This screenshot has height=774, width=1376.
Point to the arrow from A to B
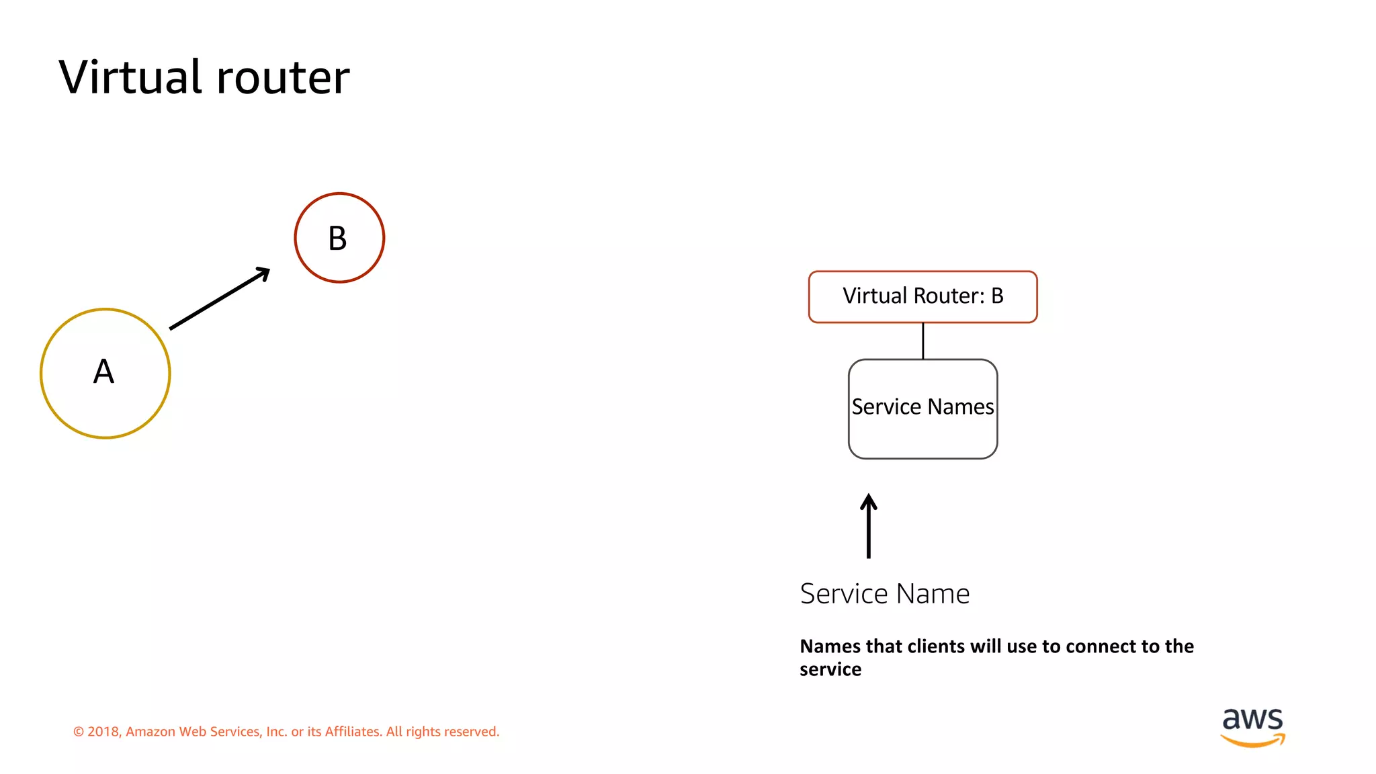219,299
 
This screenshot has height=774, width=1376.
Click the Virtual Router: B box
922,296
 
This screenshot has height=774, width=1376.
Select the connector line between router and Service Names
922,341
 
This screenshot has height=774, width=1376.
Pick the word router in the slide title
283,78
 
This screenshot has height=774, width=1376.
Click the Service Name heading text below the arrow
884,594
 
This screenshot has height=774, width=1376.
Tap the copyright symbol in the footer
79,732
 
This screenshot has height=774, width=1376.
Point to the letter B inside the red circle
337,239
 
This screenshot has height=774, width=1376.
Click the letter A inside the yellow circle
103,372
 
